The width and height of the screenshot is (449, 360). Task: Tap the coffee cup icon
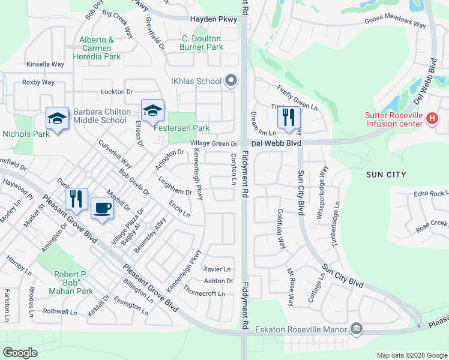(101, 208)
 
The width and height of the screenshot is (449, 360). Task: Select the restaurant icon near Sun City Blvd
(289, 116)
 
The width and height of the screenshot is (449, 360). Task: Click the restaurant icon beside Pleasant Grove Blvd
(76, 199)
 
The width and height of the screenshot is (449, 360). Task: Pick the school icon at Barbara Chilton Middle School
(58, 118)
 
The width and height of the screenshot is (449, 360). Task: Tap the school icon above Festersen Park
(152, 110)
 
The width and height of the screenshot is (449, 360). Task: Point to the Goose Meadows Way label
(395, 22)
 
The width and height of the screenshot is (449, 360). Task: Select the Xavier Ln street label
(217, 269)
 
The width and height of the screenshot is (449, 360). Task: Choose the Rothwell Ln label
(60, 311)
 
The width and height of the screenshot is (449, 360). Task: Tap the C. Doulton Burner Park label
(203, 43)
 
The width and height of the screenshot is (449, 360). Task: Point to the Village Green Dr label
(214, 143)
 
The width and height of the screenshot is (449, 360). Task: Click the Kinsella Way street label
(45, 64)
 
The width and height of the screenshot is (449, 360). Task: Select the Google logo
(20, 352)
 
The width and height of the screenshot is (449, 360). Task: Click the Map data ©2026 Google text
(411, 355)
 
